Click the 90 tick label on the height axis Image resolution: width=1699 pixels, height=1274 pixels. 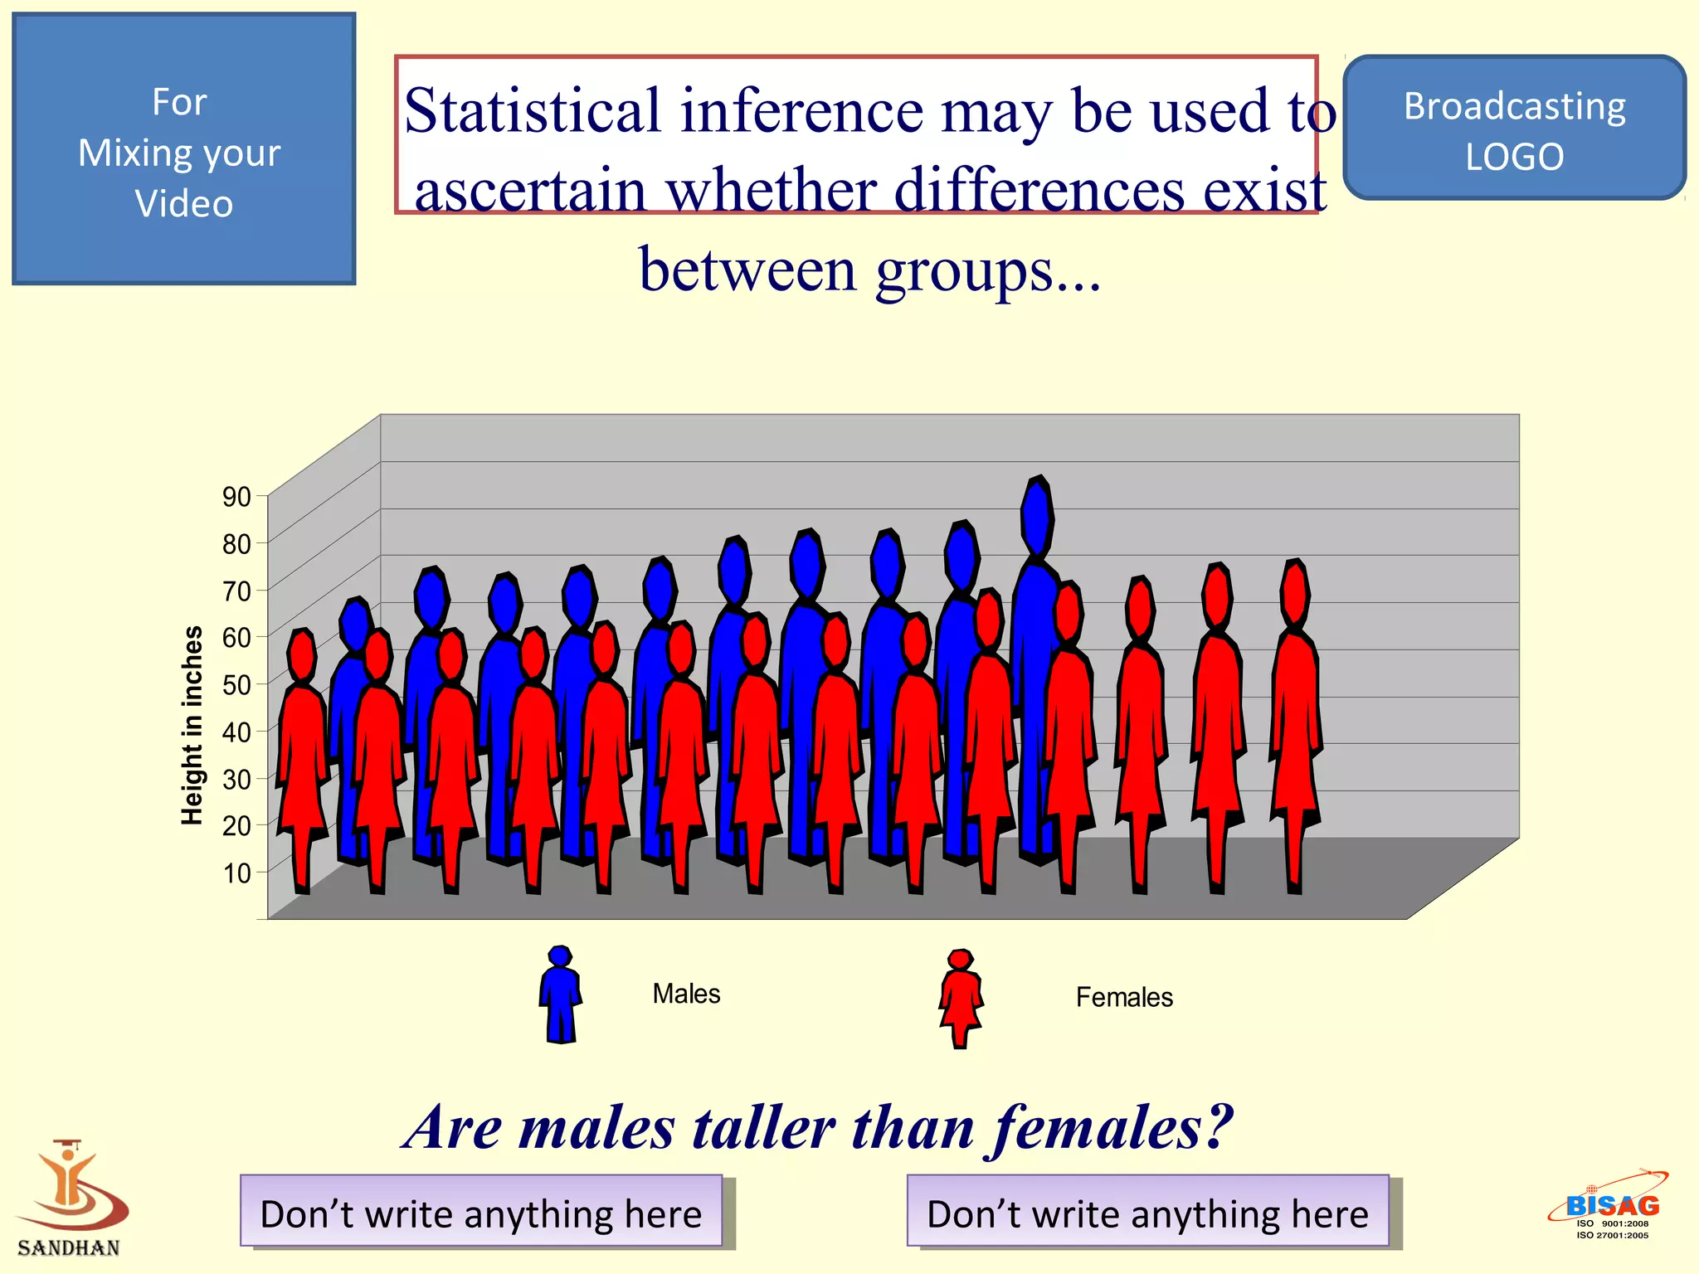[236, 497]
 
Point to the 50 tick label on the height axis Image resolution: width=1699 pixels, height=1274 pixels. [236, 685]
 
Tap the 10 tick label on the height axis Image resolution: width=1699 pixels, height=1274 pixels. [236, 873]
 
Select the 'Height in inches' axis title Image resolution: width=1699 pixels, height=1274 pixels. [192, 725]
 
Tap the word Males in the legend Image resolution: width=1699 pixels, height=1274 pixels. [686, 994]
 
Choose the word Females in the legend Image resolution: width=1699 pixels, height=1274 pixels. [1124, 997]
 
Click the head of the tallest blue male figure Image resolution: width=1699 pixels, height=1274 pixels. [1037, 514]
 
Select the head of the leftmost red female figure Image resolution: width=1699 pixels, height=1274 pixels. [302, 655]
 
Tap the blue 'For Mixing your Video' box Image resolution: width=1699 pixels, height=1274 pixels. [183, 149]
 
